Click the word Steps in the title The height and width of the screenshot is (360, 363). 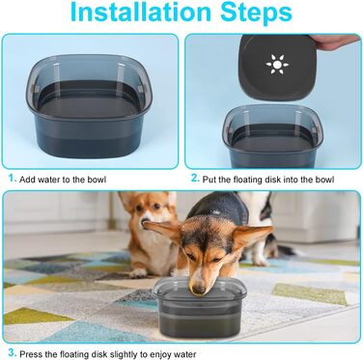click(x=257, y=13)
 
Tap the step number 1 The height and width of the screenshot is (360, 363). click(x=12, y=179)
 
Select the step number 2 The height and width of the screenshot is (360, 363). click(x=195, y=178)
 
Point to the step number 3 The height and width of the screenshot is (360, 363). click(x=12, y=352)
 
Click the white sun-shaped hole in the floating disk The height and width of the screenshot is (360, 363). click(x=277, y=65)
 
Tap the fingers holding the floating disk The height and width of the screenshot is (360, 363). click(x=336, y=41)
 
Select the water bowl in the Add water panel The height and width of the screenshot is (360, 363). click(x=89, y=106)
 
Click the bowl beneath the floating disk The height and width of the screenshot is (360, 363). click(x=272, y=136)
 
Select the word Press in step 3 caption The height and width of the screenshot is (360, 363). click(x=31, y=354)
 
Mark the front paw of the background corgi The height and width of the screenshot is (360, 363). click(x=139, y=273)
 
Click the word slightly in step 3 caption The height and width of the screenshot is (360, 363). click(x=123, y=354)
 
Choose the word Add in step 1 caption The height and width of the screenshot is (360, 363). click(x=27, y=180)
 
